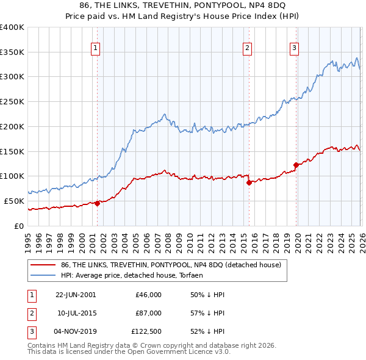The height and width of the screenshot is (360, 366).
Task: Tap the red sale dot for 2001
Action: (x=97, y=203)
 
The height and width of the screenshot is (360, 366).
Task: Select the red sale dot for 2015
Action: (x=248, y=182)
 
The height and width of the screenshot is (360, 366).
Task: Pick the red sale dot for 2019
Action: (x=296, y=165)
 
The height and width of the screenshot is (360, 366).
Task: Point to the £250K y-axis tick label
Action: (x=12, y=102)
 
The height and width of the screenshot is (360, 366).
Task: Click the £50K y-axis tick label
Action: (x=13, y=201)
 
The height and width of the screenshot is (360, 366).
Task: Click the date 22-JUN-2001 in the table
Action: (x=75, y=295)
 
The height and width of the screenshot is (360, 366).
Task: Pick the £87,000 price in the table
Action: (x=148, y=313)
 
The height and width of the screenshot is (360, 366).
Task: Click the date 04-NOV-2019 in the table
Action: (x=75, y=332)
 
